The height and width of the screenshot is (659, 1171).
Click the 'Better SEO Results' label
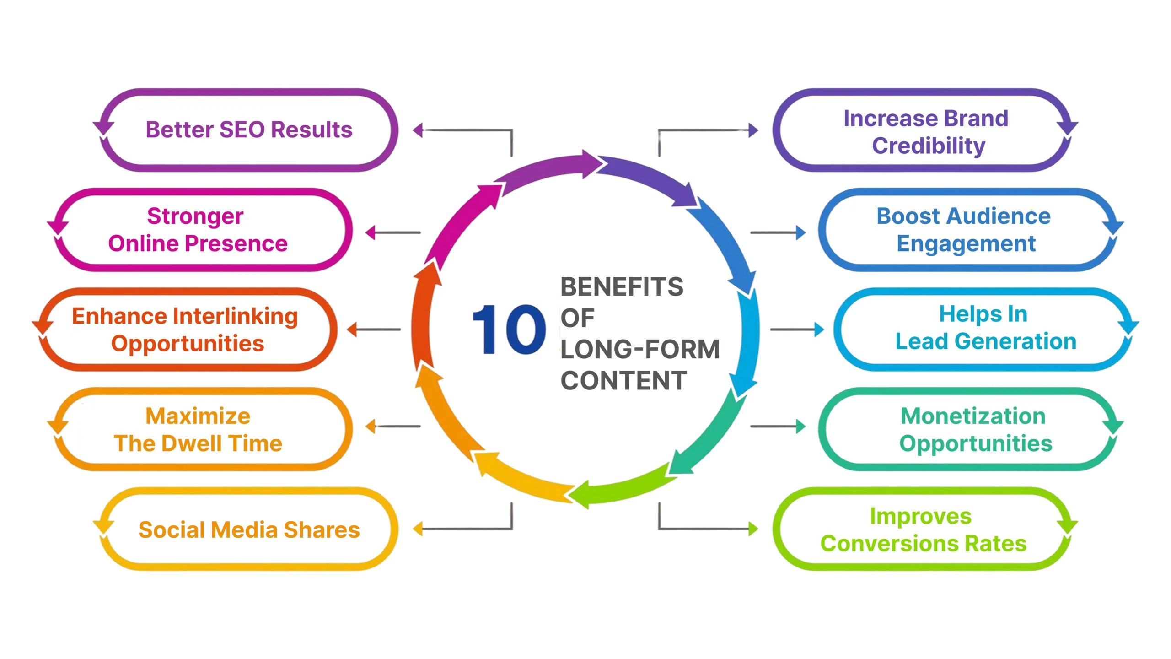click(249, 130)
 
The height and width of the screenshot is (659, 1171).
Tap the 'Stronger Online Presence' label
click(197, 229)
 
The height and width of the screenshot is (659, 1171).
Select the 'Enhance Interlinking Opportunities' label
click(185, 329)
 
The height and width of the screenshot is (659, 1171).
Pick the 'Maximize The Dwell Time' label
click(198, 429)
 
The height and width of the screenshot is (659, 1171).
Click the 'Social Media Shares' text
click(249, 529)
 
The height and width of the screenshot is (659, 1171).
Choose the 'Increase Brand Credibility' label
click(926, 131)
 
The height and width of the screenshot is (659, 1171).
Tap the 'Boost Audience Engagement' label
click(964, 229)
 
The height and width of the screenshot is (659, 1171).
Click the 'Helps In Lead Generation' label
click(985, 328)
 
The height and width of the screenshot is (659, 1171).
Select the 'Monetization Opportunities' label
click(975, 429)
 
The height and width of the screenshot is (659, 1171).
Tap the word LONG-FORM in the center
click(640, 350)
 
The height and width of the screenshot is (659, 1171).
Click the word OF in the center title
click(577, 318)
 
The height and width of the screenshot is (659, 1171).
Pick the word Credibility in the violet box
click(929, 146)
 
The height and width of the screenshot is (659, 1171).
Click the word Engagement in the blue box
click(966, 243)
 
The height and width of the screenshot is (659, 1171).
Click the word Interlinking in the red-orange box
click(236, 316)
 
